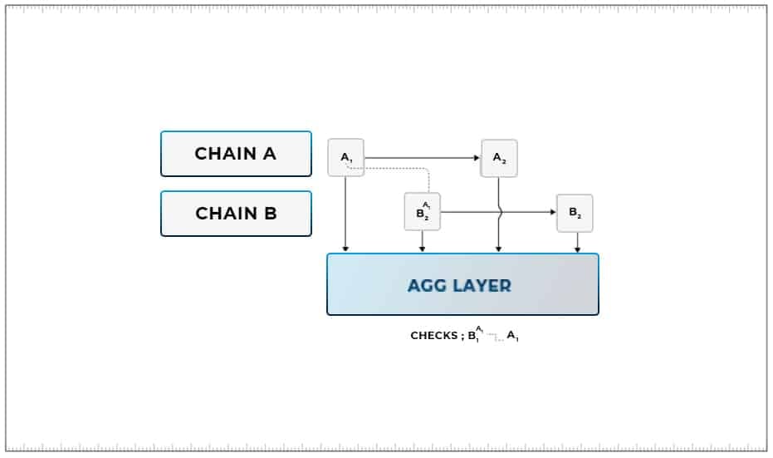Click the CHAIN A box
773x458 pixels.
(x=236, y=154)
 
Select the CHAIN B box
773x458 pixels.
(x=236, y=214)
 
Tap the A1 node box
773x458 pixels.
(x=346, y=157)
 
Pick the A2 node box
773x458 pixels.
(x=499, y=158)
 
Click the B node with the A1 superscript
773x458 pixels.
(x=423, y=212)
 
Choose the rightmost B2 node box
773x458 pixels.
(x=575, y=213)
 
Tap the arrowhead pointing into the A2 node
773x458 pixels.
(x=477, y=157)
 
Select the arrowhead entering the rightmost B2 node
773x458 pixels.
(x=553, y=212)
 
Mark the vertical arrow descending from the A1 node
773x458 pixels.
(x=345, y=212)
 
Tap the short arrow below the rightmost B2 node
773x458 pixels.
(x=577, y=242)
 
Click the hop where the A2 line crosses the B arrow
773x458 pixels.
(x=500, y=212)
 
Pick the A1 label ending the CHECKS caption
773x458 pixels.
(x=512, y=337)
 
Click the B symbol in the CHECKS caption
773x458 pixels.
(x=472, y=337)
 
